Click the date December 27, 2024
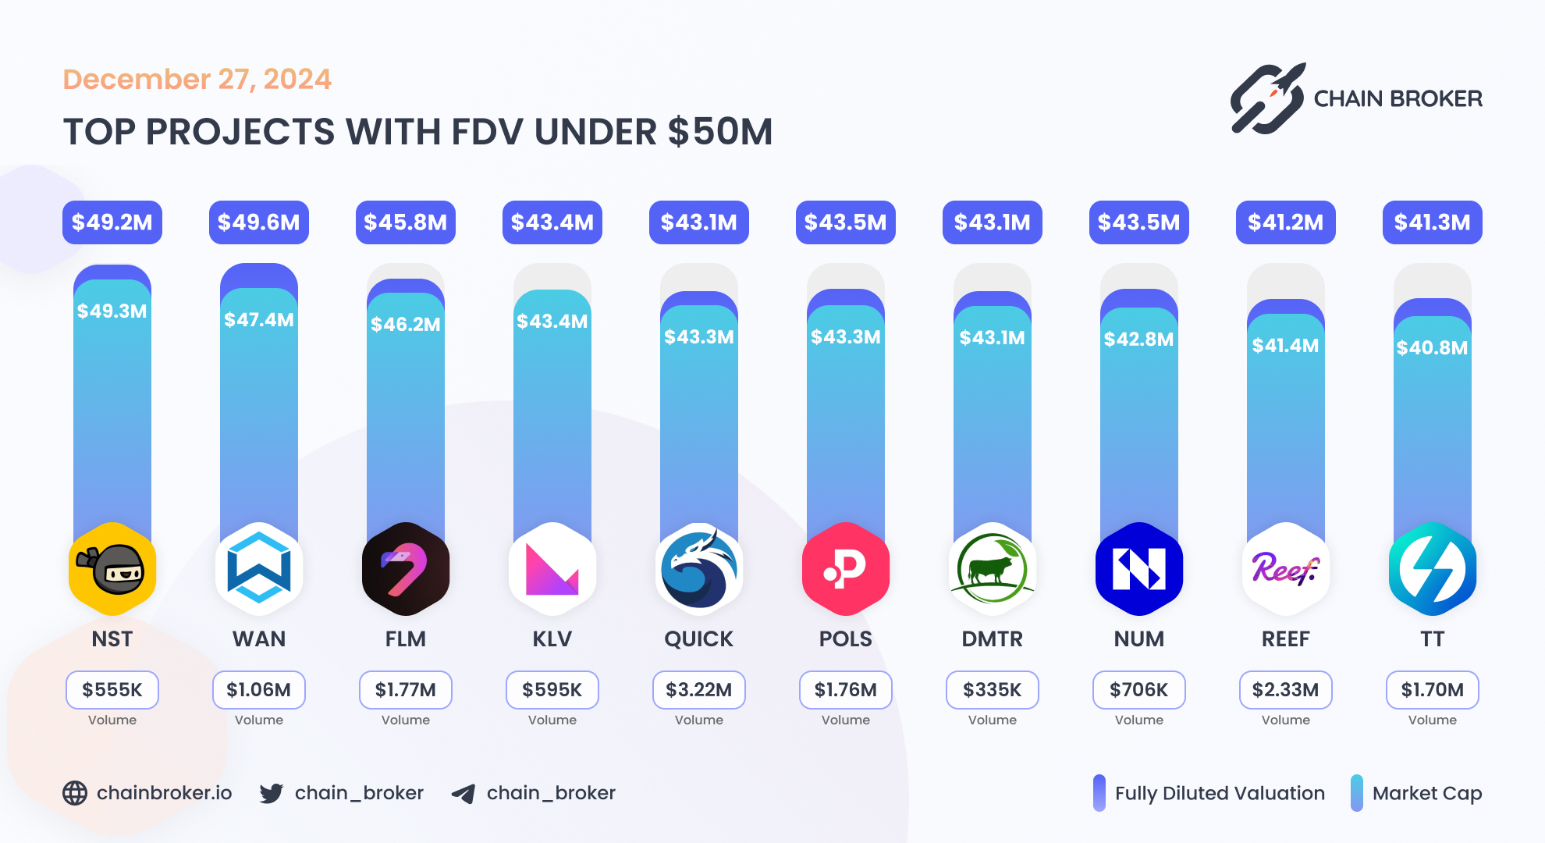(197, 80)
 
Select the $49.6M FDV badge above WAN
(258, 222)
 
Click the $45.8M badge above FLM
(405, 222)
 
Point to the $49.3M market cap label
(112, 311)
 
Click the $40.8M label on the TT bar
(1432, 348)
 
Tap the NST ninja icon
(112, 569)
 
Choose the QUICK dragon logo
(698, 569)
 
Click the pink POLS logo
(845, 569)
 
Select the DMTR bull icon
(992, 569)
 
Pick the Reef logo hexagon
(1285, 569)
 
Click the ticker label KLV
(552, 639)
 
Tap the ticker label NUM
(1138, 639)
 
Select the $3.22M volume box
(698, 690)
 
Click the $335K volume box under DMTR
(992, 690)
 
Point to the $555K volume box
(112, 690)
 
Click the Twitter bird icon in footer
(271, 794)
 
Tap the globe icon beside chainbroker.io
(75, 793)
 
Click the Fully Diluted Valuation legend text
(1219, 794)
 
